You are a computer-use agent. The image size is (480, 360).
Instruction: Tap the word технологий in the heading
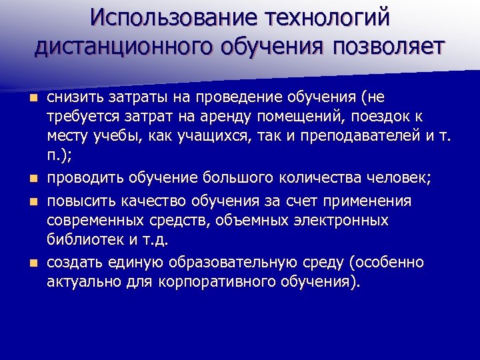(x=326, y=17)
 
